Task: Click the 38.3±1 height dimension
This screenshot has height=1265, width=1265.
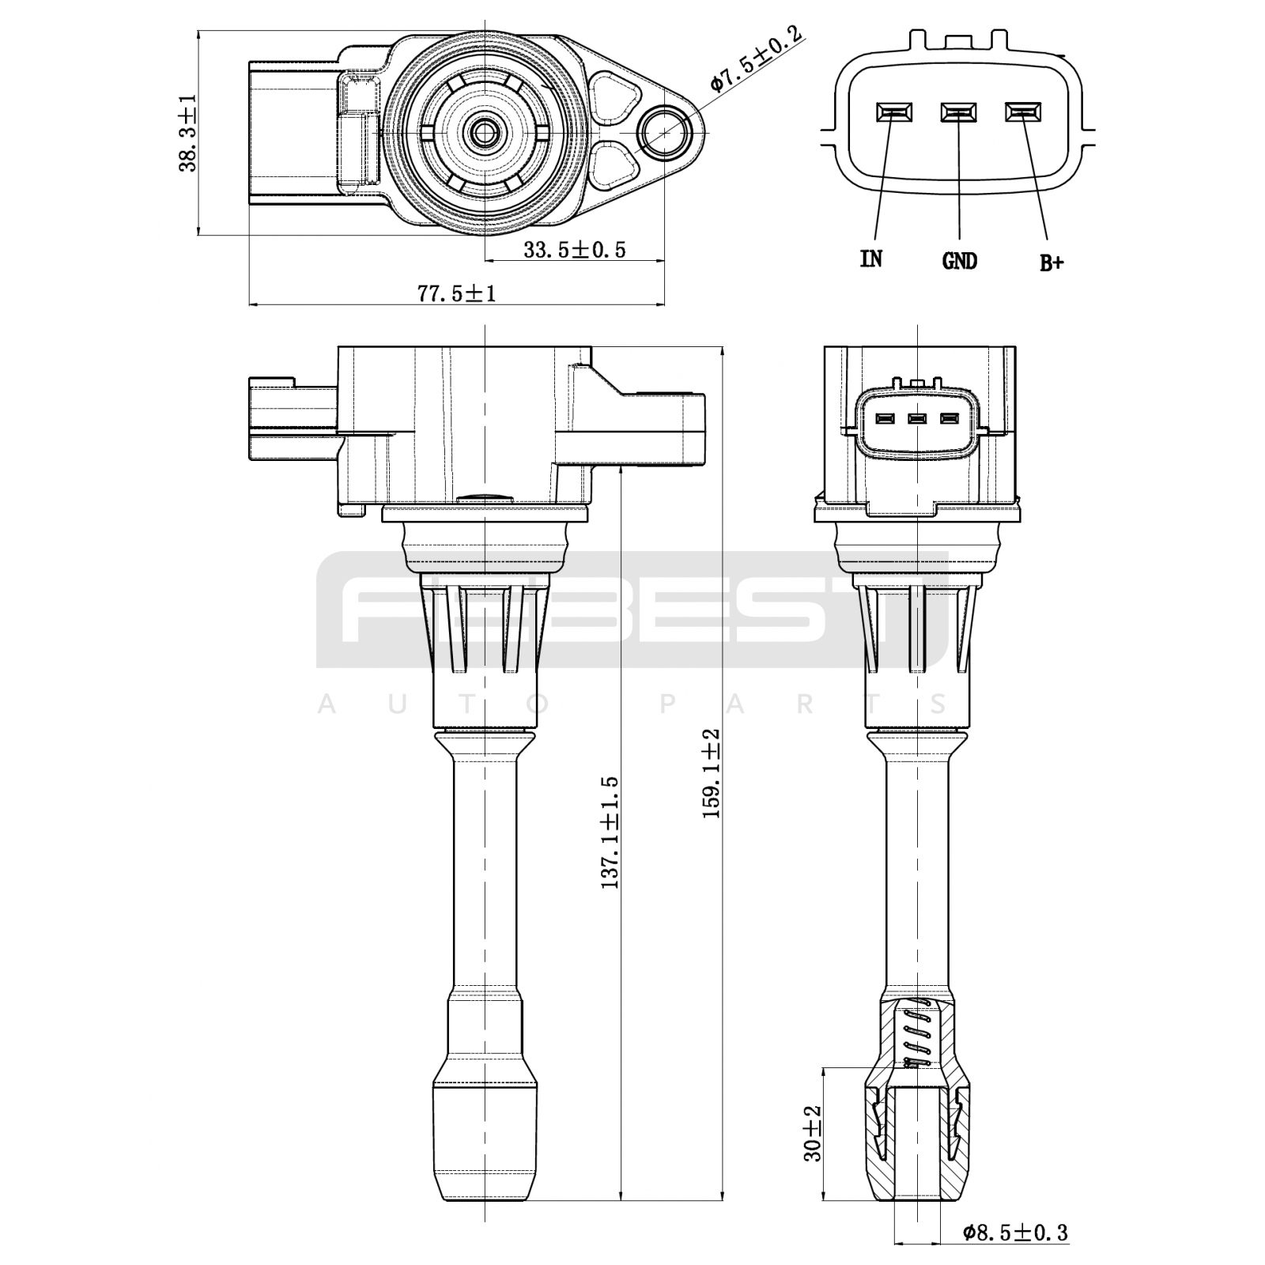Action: click(x=189, y=133)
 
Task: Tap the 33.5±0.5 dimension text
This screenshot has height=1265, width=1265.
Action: click(x=575, y=250)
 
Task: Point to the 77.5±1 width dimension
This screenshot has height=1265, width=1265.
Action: click(x=457, y=294)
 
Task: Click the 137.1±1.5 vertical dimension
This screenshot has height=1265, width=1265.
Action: click(x=610, y=833)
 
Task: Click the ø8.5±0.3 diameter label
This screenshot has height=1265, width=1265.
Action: click(x=1015, y=1232)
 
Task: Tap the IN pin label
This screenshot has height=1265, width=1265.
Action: click(x=871, y=259)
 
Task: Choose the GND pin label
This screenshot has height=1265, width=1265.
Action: click(x=960, y=260)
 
